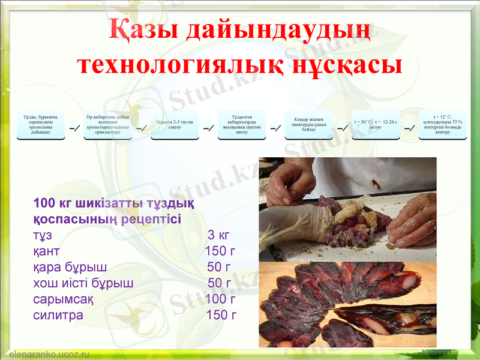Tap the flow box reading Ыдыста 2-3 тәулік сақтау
point(175,124)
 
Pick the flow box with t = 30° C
point(376,124)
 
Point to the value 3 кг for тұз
point(218,235)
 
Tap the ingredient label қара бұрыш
point(70,267)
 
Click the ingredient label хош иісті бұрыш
point(83,283)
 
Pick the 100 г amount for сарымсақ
point(220,299)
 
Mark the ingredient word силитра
point(58,315)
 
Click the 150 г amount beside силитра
point(221,315)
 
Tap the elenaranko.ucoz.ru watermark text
point(49,355)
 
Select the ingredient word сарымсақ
point(63,299)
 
